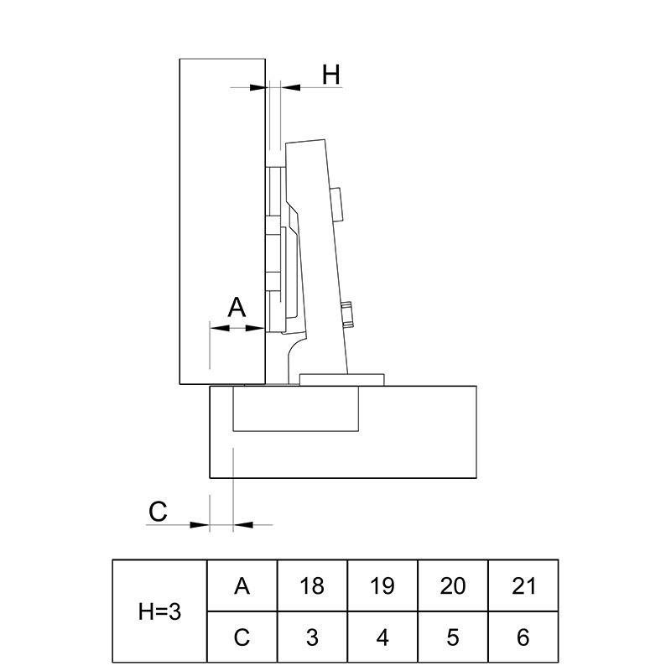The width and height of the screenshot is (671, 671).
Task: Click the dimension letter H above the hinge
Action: (331, 75)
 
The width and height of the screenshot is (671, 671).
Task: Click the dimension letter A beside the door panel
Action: (237, 306)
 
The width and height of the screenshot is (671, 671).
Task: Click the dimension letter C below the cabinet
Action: (158, 511)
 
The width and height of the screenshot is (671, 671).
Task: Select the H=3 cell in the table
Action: (159, 611)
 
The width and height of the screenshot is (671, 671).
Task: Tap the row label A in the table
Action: (242, 585)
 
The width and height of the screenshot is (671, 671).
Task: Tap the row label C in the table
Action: (242, 637)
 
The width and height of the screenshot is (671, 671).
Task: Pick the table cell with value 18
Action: (312, 585)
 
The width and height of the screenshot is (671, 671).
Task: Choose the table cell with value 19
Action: (382, 585)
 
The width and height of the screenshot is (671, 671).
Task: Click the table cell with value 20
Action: (453, 585)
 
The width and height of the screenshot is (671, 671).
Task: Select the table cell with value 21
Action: (523, 585)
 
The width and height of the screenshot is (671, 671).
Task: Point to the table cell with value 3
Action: (312, 637)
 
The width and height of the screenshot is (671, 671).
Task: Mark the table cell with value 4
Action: (382, 637)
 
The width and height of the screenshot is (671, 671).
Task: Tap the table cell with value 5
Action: (453, 637)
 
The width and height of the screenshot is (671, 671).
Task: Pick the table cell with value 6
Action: (523, 637)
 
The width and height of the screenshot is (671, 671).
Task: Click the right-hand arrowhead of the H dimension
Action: (290, 87)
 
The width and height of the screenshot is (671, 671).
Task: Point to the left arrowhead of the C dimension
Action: (200, 525)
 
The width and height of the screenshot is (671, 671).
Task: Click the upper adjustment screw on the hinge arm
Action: (338, 205)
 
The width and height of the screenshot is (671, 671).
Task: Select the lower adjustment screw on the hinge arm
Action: (347, 314)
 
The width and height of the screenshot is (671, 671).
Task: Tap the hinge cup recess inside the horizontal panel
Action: (296, 408)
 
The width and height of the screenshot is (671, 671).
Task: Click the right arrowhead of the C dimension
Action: (243, 525)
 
